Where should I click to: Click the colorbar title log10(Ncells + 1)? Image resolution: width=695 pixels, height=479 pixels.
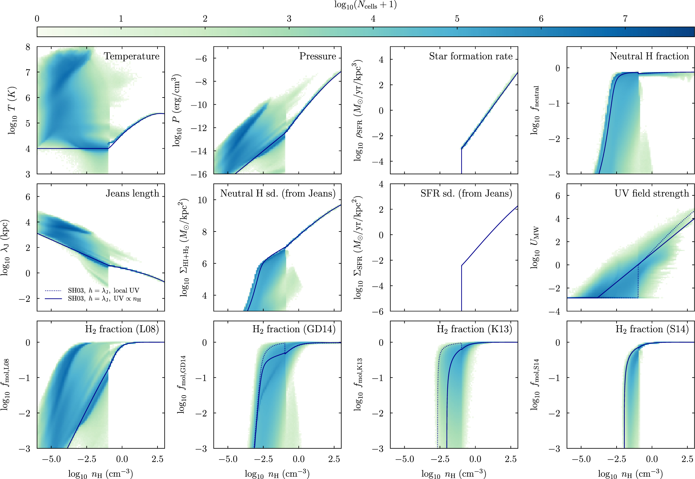click(366, 5)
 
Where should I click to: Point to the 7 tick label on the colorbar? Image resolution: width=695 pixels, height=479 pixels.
click(625, 19)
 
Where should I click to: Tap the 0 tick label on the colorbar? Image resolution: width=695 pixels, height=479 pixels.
click(37, 19)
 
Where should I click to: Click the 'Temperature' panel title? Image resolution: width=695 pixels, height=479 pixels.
click(132, 56)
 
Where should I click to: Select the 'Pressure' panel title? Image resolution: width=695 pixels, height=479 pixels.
click(318, 56)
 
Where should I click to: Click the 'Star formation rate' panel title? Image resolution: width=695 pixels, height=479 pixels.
click(471, 56)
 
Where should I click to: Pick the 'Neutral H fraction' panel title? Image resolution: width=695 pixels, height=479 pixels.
click(650, 56)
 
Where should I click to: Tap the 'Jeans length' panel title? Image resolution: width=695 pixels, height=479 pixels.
click(133, 193)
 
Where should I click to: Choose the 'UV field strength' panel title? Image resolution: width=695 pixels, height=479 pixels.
click(652, 193)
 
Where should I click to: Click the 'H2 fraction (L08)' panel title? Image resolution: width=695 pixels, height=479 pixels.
click(122, 329)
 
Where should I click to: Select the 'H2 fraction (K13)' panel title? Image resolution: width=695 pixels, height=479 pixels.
click(475, 329)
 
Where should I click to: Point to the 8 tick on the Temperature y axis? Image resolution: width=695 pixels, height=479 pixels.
click(28, 47)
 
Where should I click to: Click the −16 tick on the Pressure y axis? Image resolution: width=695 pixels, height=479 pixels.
click(199, 175)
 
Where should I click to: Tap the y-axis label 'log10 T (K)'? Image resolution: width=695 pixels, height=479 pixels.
click(12, 110)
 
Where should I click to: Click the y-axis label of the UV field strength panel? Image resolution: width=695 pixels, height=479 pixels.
click(535, 247)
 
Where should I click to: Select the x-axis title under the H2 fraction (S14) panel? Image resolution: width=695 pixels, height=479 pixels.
click(630, 474)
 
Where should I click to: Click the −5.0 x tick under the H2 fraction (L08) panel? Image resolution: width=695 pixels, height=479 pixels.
click(51, 459)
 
